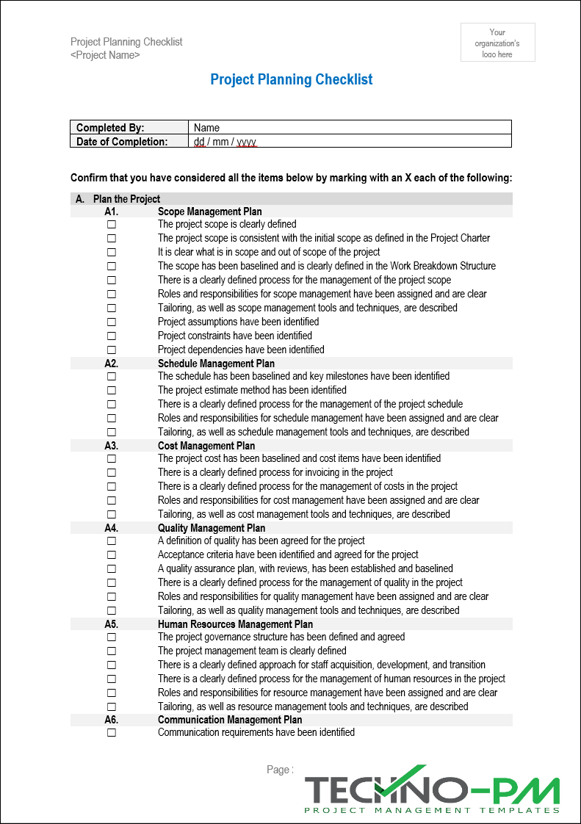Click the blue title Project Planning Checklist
click(x=292, y=80)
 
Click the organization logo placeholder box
click(x=497, y=42)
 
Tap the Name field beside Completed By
click(x=349, y=128)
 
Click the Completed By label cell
click(x=129, y=128)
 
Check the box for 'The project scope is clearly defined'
click(x=112, y=225)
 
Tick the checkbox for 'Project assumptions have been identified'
click(x=112, y=322)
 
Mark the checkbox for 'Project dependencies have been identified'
click(x=112, y=350)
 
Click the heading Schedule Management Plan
click(x=216, y=364)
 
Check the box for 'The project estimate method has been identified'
click(x=112, y=391)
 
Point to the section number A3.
click(x=112, y=446)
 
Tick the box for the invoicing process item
click(x=112, y=473)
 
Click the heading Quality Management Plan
click(x=212, y=528)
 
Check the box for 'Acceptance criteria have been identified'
click(x=112, y=555)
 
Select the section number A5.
click(x=112, y=624)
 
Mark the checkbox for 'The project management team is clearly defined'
click(x=112, y=651)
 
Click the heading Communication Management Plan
click(x=230, y=720)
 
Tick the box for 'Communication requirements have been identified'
click(x=112, y=733)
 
